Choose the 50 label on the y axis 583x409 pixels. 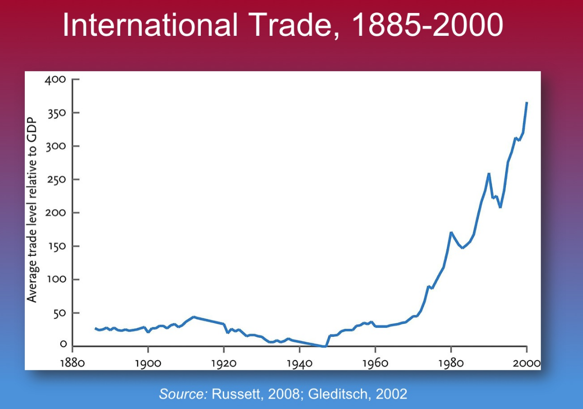(x=60, y=313)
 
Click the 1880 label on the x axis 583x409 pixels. (x=72, y=362)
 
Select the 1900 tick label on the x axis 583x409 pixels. (x=148, y=362)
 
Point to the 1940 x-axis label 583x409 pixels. (x=299, y=362)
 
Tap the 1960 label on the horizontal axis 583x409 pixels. (x=375, y=362)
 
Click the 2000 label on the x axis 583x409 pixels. (x=526, y=362)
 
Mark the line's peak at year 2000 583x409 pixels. (x=526, y=102)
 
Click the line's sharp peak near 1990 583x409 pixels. (x=489, y=173)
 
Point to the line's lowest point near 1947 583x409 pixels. (x=325, y=346)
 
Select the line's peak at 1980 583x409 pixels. (x=451, y=232)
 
